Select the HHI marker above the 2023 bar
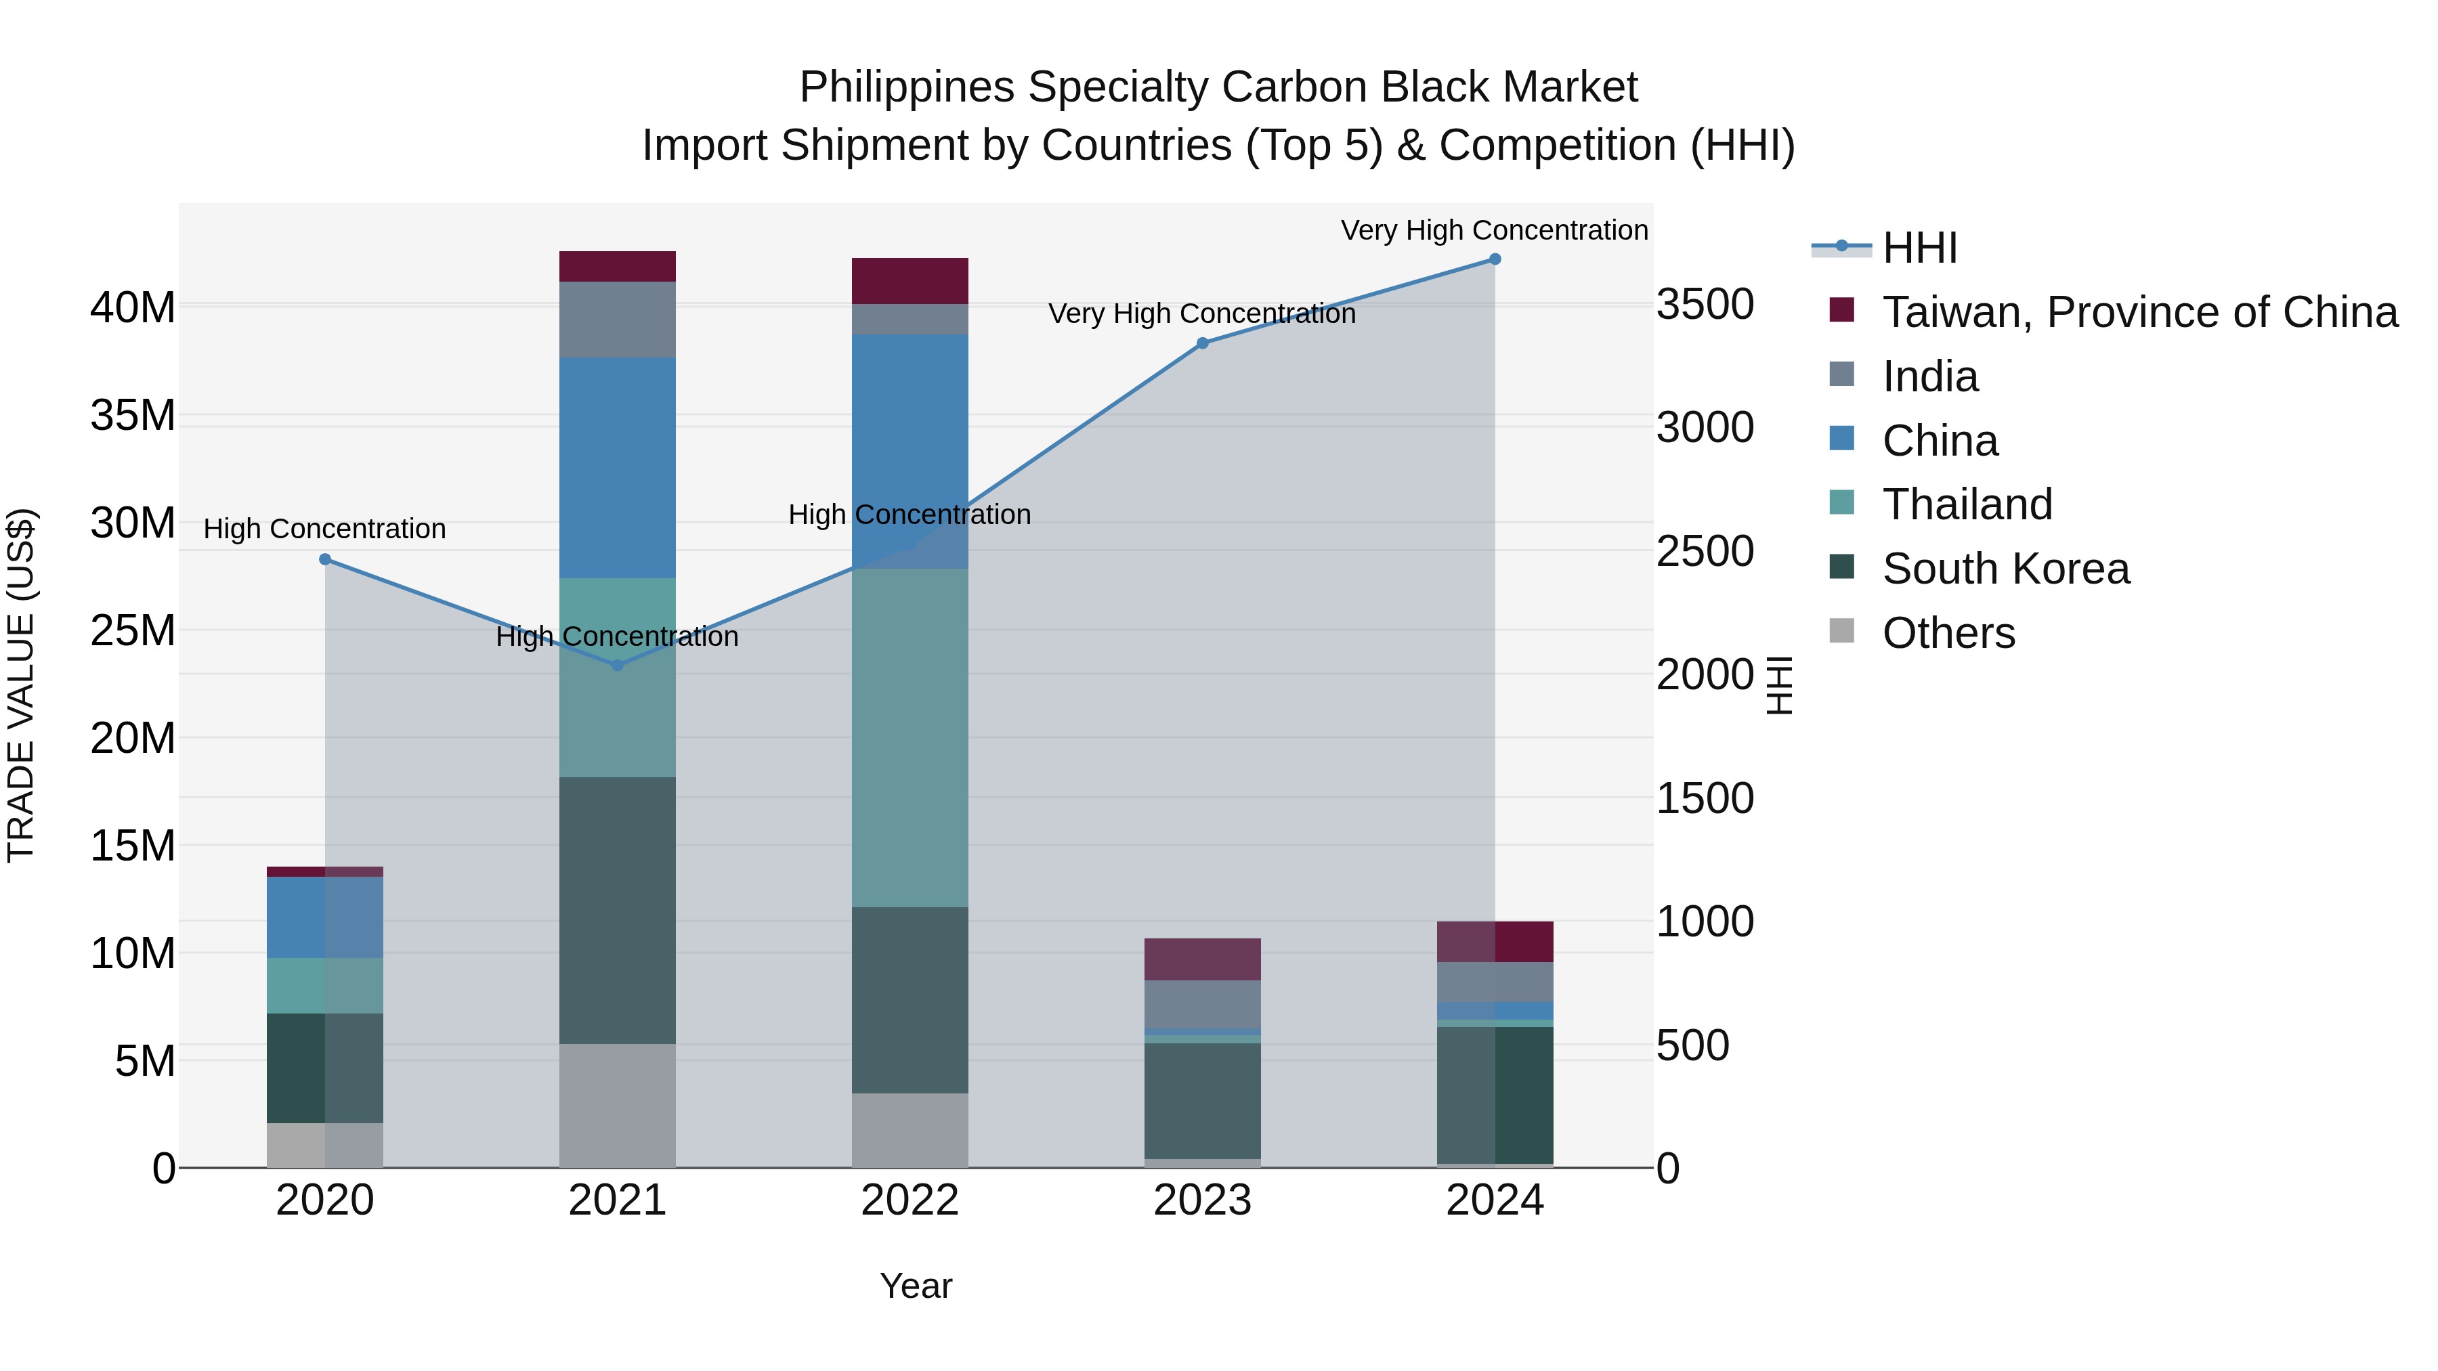1202,343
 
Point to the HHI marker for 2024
1495,259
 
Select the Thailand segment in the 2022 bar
910,738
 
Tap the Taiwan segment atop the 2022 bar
910,280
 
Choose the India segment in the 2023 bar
1202,1004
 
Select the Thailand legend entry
1967,504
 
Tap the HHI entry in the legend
1919,248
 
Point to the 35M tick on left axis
133,416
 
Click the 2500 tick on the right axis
1705,552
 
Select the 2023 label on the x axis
1202,1200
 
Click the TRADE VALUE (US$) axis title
21,685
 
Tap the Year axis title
915,1286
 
